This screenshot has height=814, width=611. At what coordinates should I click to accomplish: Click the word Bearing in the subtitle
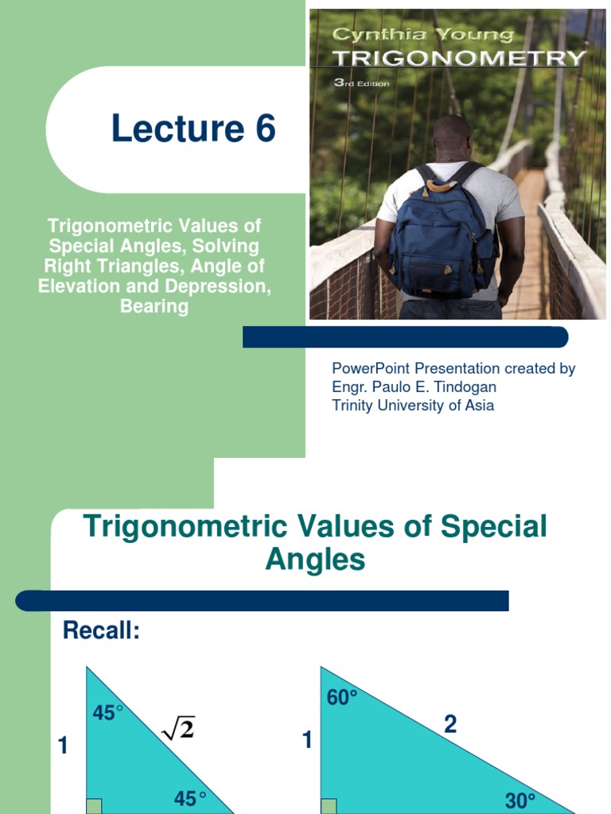click(154, 306)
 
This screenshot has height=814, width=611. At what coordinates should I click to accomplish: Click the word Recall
click(101, 632)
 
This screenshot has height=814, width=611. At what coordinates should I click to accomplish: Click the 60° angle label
click(342, 698)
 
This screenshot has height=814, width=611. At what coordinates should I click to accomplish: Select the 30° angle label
click(520, 800)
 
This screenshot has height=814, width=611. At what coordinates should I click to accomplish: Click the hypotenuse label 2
click(450, 725)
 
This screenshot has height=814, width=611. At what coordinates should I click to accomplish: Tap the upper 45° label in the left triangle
click(108, 713)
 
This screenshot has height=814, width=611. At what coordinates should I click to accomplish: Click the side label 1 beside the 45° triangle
click(64, 746)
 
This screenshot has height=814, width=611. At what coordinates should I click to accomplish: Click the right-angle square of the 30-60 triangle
click(329, 806)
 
